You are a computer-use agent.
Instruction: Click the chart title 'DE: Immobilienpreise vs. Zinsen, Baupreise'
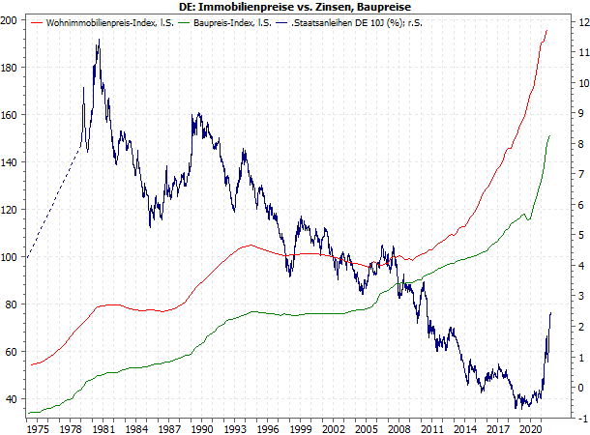click(x=294, y=7)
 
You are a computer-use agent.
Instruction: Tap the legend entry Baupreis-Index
click(x=221, y=23)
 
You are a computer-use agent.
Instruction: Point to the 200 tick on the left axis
click(x=14, y=20)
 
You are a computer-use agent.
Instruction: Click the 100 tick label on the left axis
click(x=14, y=257)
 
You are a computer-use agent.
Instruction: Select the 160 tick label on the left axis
click(x=14, y=115)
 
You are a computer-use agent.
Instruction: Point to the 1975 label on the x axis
click(x=39, y=427)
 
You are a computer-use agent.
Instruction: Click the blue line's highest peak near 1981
click(x=98, y=41)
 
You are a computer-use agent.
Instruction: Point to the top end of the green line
click(x=549, y=136)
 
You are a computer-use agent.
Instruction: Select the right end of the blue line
click(x=550, y=312)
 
